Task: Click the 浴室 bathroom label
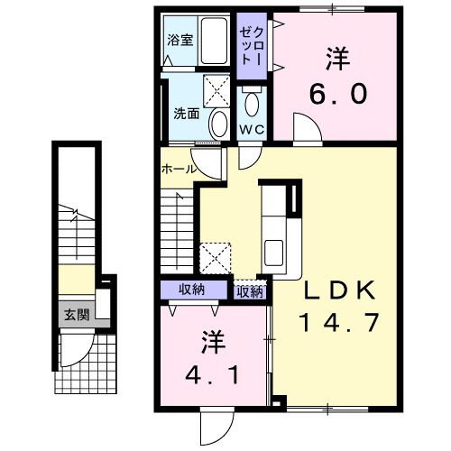180,41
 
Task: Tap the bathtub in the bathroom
214,41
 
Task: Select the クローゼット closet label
252,46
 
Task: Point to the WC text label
252,129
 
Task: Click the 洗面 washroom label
187,114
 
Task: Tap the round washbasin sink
218,124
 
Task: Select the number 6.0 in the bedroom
338,93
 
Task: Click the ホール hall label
179,170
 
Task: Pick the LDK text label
340,290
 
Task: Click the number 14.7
338,322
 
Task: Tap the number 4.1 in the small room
213,374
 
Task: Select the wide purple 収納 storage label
191,290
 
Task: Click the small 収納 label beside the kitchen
250,292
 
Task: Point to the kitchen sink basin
273,253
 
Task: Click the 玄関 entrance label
78,315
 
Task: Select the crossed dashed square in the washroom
216,91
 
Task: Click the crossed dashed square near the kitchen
216,258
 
